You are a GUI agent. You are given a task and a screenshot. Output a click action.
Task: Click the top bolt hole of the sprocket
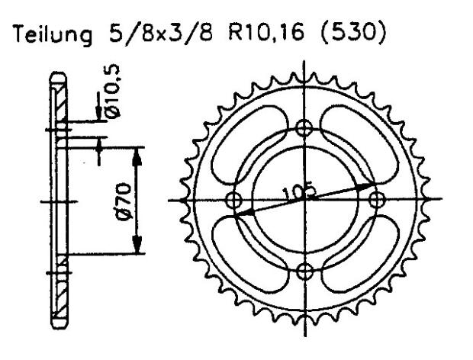pos(304,127)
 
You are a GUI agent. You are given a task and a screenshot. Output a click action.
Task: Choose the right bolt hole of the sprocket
pos(376,199)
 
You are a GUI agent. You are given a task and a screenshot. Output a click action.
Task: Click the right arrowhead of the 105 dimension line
pos(367,185)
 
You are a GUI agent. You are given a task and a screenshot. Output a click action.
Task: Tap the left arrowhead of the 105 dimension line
pos(243,214)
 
